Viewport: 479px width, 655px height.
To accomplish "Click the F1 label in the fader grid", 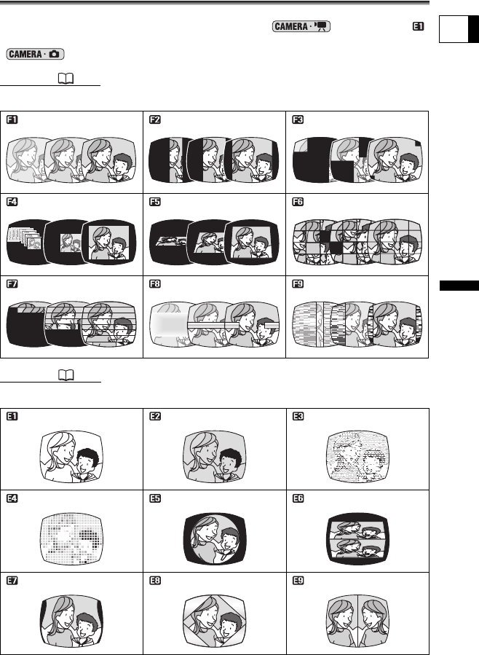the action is (12, 120).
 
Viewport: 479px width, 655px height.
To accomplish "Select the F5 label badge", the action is (155, 202).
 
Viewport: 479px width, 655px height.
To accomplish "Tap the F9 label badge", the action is (298, 284).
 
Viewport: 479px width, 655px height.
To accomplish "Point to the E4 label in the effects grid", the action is (12, 498).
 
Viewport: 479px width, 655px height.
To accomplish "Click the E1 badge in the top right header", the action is (418, 26).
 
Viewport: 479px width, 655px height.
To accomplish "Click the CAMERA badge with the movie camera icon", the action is (301, 26).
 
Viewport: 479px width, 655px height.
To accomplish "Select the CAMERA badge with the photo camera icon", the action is (35, 55).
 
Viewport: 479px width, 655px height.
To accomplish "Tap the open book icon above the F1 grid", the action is (66, 79).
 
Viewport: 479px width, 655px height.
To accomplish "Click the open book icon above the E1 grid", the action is (66, 375).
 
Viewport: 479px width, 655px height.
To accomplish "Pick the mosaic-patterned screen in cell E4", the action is (71, 539).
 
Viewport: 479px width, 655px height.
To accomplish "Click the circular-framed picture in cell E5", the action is (215, 539).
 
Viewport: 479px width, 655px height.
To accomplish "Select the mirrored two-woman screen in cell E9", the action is (358, 621).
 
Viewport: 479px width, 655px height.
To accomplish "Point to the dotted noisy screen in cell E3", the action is (358, 457).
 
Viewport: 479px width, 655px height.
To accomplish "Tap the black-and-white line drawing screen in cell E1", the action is (71, 457).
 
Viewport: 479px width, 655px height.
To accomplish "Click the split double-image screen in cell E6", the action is (358, 539).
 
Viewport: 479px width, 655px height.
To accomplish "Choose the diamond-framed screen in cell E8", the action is (215, 621).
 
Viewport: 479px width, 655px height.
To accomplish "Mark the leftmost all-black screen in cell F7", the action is (27, 323).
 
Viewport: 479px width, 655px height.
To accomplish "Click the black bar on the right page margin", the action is (459, 286).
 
